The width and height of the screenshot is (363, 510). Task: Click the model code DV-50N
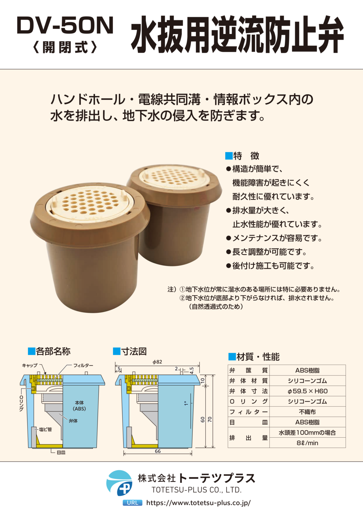(65, 26)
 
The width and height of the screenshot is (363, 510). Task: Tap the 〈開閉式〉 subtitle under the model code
(65, 47)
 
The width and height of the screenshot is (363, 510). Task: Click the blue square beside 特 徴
(228, 156)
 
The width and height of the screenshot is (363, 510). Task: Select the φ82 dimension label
(157, 362)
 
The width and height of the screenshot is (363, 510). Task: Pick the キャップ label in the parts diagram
(30, 366)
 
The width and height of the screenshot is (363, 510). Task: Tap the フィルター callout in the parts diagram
(83, 366)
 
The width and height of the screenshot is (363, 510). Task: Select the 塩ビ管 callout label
(45, 429)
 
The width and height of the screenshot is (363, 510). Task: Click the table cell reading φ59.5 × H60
(308, 391)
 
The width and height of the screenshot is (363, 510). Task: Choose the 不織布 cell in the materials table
(308, 412)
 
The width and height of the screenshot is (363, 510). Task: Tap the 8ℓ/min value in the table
(308, 443)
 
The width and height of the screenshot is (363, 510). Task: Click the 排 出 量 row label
(248, 438)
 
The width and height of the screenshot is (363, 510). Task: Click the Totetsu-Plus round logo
(119, 483)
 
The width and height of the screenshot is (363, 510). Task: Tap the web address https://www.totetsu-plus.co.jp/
(198, 502)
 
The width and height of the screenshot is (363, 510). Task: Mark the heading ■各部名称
(49, 351)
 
